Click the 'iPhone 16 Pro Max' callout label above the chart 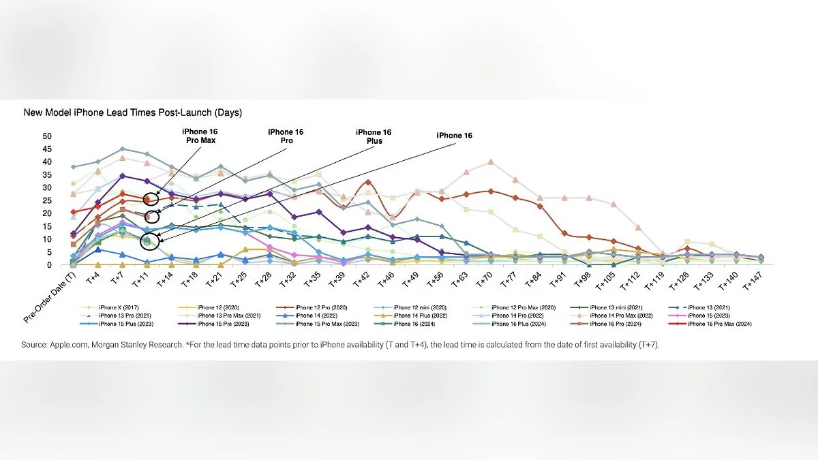click(198, 136)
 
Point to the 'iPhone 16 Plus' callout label click(374, 136)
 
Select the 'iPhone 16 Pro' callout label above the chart click(286, 136)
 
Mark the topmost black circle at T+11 click(152, 198)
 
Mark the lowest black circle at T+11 click(148, 241)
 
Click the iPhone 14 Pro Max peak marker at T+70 click(491, 162)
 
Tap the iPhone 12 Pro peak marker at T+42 click(368, 183)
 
